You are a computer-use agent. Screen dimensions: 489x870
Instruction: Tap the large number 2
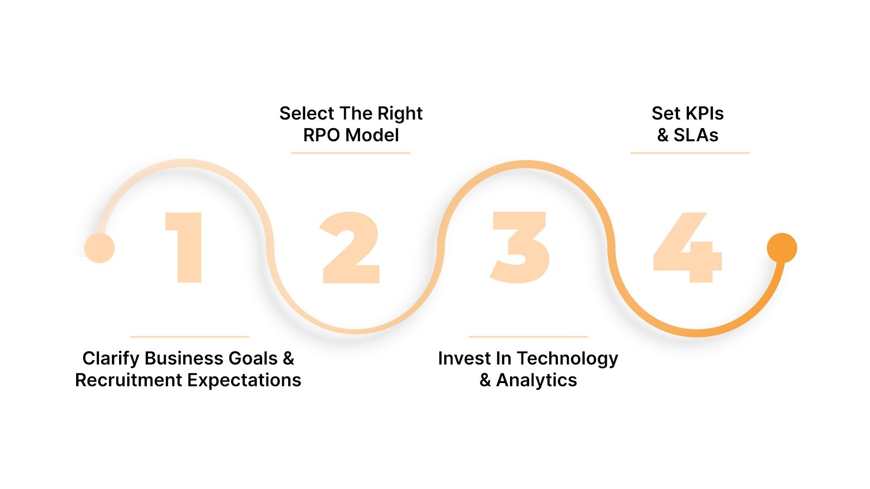[351, 248]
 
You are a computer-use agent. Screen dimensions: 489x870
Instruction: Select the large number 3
[520, 247]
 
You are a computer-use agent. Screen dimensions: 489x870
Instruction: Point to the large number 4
[688, 248]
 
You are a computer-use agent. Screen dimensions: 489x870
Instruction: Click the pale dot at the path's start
[100, 248]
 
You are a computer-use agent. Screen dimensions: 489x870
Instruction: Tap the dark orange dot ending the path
[781, 248]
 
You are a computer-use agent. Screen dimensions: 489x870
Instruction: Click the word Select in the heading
[307, 113]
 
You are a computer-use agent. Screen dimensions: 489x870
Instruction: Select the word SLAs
[696, 135]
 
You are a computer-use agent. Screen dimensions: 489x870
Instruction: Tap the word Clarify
[111, 359]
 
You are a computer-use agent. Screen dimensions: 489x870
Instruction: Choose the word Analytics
[537, 380]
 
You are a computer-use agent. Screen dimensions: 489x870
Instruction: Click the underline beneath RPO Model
[351, 153]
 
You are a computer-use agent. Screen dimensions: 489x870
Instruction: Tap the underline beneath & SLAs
[690, 153]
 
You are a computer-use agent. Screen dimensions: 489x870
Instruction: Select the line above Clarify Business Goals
[190, 337]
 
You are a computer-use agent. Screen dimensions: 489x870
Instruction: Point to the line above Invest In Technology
[528, 337]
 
